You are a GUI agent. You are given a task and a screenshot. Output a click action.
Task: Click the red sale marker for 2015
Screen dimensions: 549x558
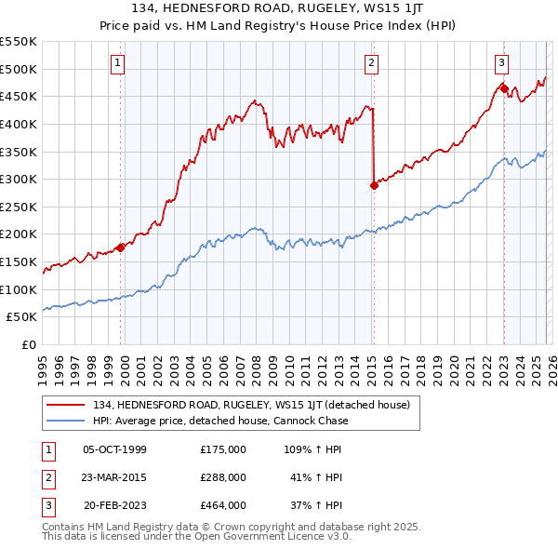point(374,185)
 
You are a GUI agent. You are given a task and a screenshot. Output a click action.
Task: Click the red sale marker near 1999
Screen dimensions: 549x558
point(120,248)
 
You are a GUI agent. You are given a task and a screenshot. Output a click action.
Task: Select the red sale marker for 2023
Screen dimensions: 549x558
point(503,88)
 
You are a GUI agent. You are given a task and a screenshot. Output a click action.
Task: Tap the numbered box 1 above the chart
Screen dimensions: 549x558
point(119,63)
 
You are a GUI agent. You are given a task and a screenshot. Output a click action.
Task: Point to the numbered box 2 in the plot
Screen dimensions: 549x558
point(371,63)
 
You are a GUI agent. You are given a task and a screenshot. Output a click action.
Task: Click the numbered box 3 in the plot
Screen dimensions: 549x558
point(501,63)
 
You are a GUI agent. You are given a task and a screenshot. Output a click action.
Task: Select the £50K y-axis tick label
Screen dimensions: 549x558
point(22,317)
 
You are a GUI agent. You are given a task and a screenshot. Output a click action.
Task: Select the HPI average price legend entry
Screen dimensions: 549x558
point(219,421)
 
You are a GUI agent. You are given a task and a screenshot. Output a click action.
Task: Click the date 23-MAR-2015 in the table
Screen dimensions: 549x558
point(114,477)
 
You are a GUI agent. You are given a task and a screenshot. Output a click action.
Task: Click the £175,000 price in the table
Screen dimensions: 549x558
point(223,449)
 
